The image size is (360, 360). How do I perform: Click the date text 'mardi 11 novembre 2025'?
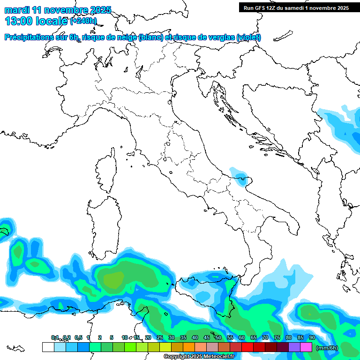58,10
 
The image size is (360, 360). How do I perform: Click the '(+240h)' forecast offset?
83,21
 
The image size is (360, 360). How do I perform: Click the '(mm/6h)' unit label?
327,347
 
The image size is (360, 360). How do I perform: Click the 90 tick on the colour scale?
312,338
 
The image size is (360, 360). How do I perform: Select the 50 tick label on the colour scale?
218,338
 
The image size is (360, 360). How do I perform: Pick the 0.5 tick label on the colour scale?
78,338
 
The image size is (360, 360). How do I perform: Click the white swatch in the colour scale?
48,347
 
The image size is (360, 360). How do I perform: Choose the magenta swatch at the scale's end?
306,347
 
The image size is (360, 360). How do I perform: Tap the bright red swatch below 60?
247,347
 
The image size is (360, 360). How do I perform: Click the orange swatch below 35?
188,347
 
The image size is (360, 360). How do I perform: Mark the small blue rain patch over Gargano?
240,177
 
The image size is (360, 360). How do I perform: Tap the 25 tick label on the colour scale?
160,338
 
